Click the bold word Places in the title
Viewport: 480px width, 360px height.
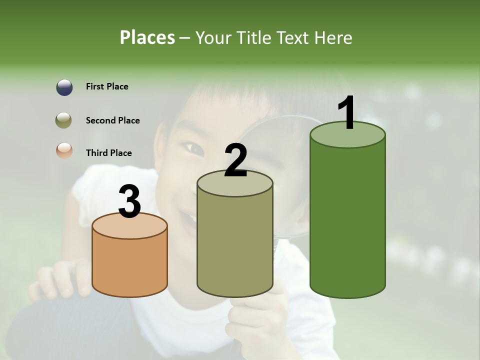tap(147, 37)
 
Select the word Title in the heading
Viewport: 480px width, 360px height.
tap(254, 38)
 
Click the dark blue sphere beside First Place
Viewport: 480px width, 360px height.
tap(64, 87)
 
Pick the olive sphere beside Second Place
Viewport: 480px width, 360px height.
tap(64, 120)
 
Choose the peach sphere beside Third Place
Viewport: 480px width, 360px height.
tap(64, 150)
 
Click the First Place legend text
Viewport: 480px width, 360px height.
tap(107, 86)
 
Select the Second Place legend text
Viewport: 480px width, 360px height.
tap(112, 120)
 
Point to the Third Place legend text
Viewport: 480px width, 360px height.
tap(108, 153)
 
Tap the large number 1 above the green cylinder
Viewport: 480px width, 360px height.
tap(347, 113)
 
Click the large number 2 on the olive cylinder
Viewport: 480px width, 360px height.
tap(235, 160)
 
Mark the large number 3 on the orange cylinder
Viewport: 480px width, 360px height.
tap(129, 201)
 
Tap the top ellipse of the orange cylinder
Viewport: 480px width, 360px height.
tap(129, 227)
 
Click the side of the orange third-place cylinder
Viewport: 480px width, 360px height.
tap(129, 265)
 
